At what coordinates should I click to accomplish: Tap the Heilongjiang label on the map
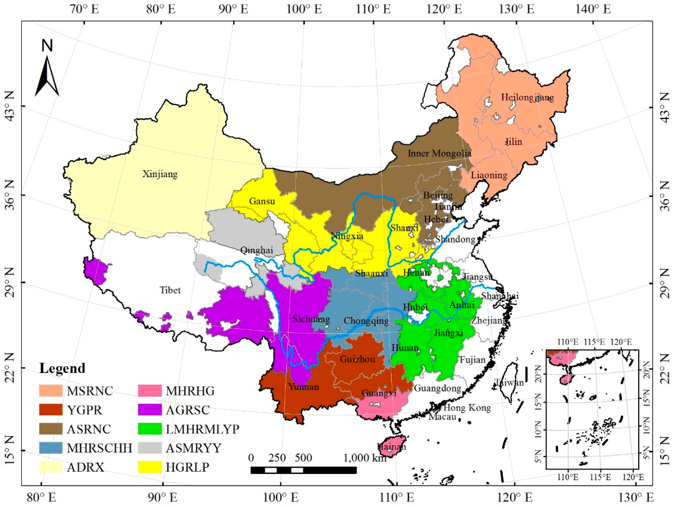pyautogui.click(x=527, y=98)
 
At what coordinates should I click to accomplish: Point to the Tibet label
pyautogui.click(x=170, y=290)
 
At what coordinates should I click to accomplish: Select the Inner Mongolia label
pyautogui.click(x=439, y=153)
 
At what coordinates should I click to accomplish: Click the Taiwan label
pyautogui.click(x=509, y=382)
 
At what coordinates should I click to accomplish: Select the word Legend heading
pyautogui.click(x=62, y=368)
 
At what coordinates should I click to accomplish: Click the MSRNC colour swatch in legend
pyautogui.click(x=51, y=391)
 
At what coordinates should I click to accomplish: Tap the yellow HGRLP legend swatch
pyautogui.click(x=150, y=467)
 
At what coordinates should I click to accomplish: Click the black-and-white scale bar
pyautogui.click(x=303, y=470)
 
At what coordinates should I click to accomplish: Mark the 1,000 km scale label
pyautogui.click(x=365, y=458)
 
